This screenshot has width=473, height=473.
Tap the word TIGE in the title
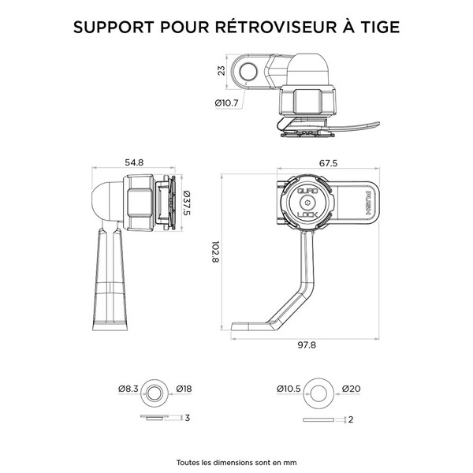pos(378,26)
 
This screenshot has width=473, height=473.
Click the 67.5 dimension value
pos(329,163)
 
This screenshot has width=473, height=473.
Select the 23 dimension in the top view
pos(222,73)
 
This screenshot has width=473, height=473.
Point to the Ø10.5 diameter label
pos(289,389)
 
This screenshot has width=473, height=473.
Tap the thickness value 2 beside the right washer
pos(349,419)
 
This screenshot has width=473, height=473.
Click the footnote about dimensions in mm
pos(236,462)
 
